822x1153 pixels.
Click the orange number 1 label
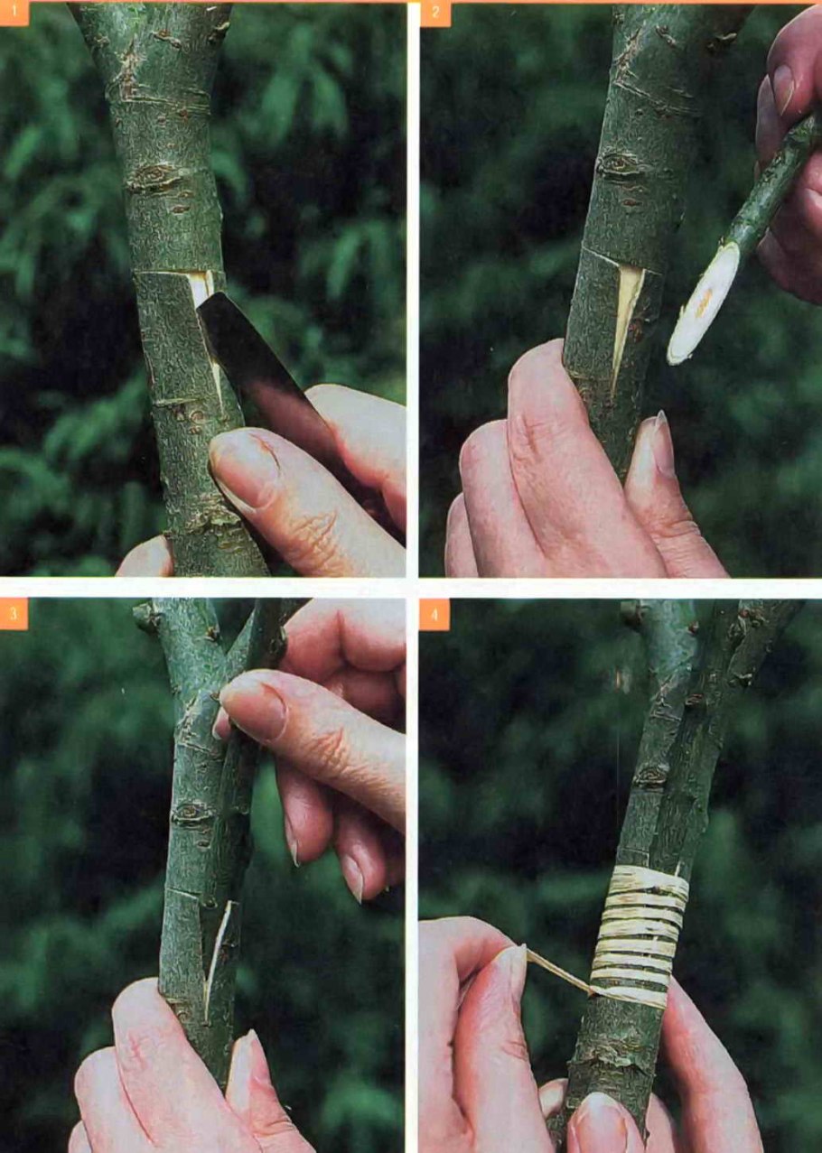14,14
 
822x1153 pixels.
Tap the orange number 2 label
435,14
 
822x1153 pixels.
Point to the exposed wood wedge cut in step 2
627,324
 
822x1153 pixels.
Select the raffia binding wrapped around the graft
639,924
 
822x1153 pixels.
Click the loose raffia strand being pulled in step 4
559,956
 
